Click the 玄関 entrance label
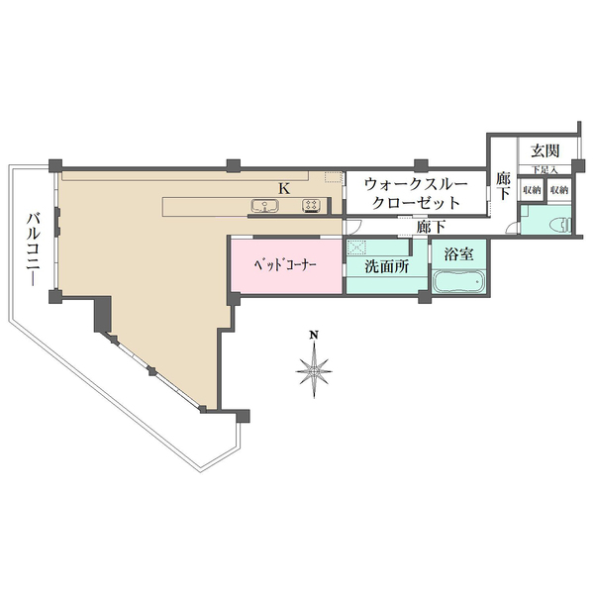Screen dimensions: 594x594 coord(544,150)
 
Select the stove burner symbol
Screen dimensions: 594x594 coord(310,206)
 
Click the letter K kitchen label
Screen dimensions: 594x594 coord(283,187)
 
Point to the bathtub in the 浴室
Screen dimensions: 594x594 coord(458,283)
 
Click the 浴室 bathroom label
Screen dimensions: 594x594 coord(457,252)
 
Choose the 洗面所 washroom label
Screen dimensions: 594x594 coord(386,266)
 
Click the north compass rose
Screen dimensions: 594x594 coord(313,371)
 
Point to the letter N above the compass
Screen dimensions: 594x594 coord(313,336)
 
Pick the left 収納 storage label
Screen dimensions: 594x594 coord(532,190)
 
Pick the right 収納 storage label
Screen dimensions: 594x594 coord(559,190)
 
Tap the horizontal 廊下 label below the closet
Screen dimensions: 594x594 coord(431,227)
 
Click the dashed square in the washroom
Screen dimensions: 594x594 coord(356,247)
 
